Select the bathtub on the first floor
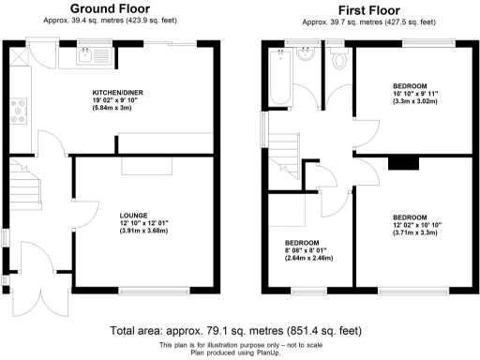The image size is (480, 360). point(278,81)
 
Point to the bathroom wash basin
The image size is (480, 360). point(306,57)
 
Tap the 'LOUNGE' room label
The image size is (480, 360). point(132,215)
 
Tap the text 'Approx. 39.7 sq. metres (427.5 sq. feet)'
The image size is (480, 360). point(367,22)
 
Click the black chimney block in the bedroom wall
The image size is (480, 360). point(404,163)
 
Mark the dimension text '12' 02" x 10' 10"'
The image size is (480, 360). point(418,224)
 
